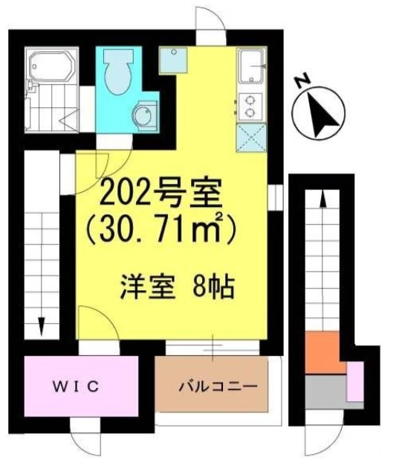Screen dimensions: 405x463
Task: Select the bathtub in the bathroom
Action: pos(52,66)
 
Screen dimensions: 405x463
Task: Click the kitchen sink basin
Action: pos(251,66)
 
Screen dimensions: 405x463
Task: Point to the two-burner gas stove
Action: pos(250,106)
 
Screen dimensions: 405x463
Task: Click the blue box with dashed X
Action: pos(251,138)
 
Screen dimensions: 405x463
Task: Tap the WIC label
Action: pos(76,386)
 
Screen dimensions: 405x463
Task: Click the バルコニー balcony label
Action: pos(218,386)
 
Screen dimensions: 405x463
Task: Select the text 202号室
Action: pos(161,194)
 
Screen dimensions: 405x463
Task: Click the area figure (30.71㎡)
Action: pos(161,229)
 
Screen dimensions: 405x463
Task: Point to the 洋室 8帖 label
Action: pos(178,287)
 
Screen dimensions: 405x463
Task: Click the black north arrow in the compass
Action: pos(323,115)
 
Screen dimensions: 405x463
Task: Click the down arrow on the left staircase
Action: pos(42,327)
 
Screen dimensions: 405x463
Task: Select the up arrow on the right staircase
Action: pos(323,199)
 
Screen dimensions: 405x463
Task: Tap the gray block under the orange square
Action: pos(325,392)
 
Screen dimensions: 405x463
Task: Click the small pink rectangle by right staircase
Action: pos(354,382)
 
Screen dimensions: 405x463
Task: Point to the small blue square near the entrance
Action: pos(173,60)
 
